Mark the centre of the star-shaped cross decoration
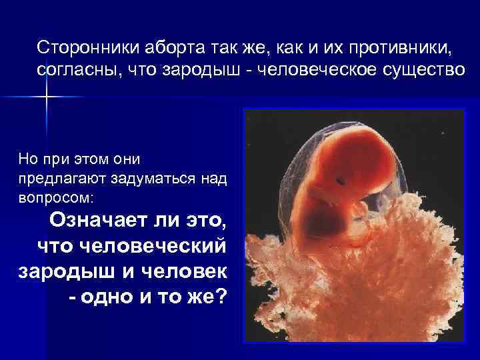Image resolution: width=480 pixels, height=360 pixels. [x=47, y=97]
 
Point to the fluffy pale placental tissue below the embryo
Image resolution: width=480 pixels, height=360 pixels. [x=347, y=280]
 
